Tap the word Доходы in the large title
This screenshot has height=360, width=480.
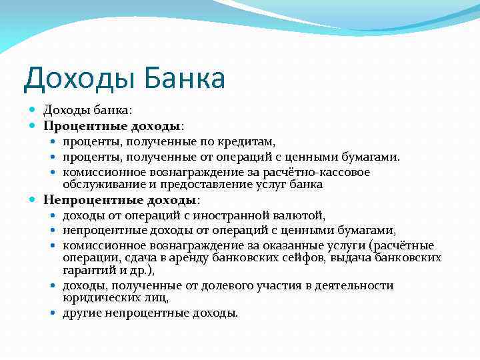pyautogui.click(x=74, y=78)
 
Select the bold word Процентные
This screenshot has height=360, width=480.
pyautogui.click(x=78, y=125)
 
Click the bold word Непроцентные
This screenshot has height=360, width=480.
pyautogui.click(x=85, y=199)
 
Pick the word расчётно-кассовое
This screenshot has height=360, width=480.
pyautogui.click(x=323, y=172)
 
